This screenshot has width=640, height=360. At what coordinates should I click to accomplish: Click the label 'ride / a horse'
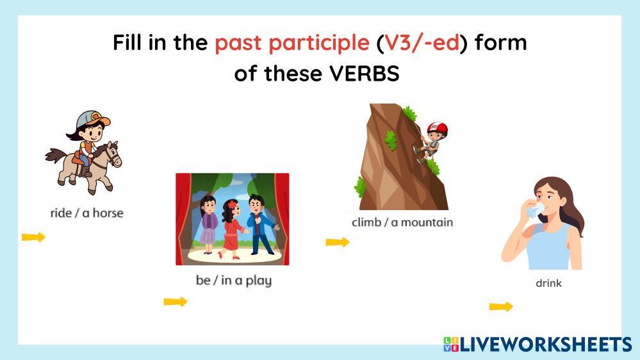86,213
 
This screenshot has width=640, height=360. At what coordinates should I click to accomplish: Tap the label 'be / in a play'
233,281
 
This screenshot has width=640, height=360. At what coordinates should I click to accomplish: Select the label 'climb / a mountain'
402,222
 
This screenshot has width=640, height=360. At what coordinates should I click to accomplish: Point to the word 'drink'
548,283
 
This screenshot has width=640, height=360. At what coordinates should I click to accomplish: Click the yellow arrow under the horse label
33,237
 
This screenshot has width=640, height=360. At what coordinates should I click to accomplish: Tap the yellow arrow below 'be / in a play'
176,302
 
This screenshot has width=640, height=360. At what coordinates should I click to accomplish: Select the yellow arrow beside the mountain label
338,242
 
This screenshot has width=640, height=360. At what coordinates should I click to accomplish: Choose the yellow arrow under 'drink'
501,307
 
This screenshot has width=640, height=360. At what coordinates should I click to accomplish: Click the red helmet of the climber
437,128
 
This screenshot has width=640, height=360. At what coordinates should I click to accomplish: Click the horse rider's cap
93,119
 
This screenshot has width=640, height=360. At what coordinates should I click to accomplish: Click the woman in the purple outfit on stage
209,225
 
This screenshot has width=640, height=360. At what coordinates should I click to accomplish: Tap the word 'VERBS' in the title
365,74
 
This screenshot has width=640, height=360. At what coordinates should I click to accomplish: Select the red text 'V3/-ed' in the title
422,43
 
